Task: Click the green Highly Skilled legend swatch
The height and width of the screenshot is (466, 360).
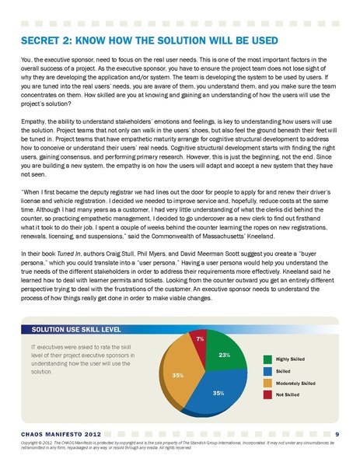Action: (267, 359)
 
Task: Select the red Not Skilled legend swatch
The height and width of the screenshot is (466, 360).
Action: (267, 396)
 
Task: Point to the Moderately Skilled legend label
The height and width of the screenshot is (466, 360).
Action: (295, 384)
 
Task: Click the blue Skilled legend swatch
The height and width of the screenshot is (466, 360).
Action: (267, 371)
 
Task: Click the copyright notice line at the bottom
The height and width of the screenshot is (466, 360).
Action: (180, 444)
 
